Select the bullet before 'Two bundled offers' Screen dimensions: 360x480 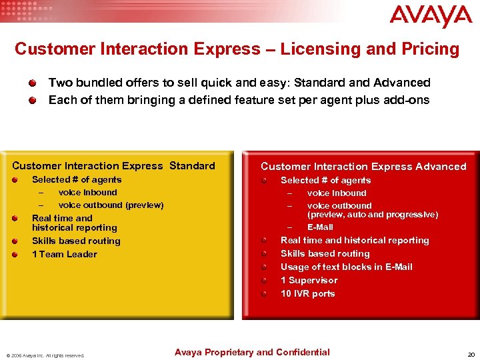pyautogui.click(x=33, y=83)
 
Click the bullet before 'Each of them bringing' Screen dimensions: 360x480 pyautogui.click(x=33, y=101)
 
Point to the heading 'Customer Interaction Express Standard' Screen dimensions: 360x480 pyautogui.click(x=114, y=166)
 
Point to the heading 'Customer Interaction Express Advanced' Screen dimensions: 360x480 pyautogui.click(x=363, y=167)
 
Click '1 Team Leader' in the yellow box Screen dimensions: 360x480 pyautogui.click(x=65, y=254)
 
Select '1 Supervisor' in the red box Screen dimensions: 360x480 pyautogui.click(x=309, y=280)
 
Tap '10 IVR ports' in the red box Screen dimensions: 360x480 pyautogui.click(x=307, y=293)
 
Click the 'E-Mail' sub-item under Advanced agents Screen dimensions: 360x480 pyautogui.click(x=320, y=227)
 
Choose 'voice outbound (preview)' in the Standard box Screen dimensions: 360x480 pyautogui.click(x=111, y=205)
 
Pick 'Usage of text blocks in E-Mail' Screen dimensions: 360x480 pyautogui.click(x=346, y=267)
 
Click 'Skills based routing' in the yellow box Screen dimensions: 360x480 pyautogui.click(x=76, y=241)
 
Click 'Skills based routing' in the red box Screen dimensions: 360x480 pyautogui.click(x=325, y=253)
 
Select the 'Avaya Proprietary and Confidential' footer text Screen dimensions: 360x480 pyautogui.click(x=252, y=352)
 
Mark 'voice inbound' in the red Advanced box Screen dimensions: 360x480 pyautogui.click(x=337, y=193)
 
